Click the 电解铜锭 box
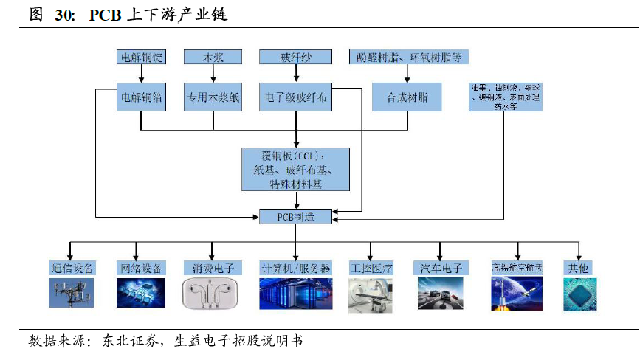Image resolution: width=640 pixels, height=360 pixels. (141, 57)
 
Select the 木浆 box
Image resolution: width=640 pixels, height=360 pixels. (213, 57)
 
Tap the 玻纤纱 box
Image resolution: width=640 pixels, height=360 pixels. (295, 57)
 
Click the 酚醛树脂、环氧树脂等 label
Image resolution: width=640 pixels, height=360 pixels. (407, 57)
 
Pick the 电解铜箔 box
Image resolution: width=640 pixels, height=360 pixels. (141, 97)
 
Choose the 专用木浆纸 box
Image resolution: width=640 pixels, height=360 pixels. (213, 97)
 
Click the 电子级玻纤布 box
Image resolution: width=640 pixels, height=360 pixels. (295, 97)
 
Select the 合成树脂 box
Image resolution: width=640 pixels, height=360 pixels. (407, 97)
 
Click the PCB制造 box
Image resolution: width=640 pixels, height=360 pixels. (295, 217)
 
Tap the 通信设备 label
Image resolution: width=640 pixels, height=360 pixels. (71, 267)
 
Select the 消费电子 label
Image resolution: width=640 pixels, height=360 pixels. (213, 267)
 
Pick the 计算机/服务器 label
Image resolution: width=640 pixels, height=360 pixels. (295, 267)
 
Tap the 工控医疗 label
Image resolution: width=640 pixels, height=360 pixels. (371, 267)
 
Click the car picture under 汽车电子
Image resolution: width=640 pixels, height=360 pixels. (440, 293)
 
